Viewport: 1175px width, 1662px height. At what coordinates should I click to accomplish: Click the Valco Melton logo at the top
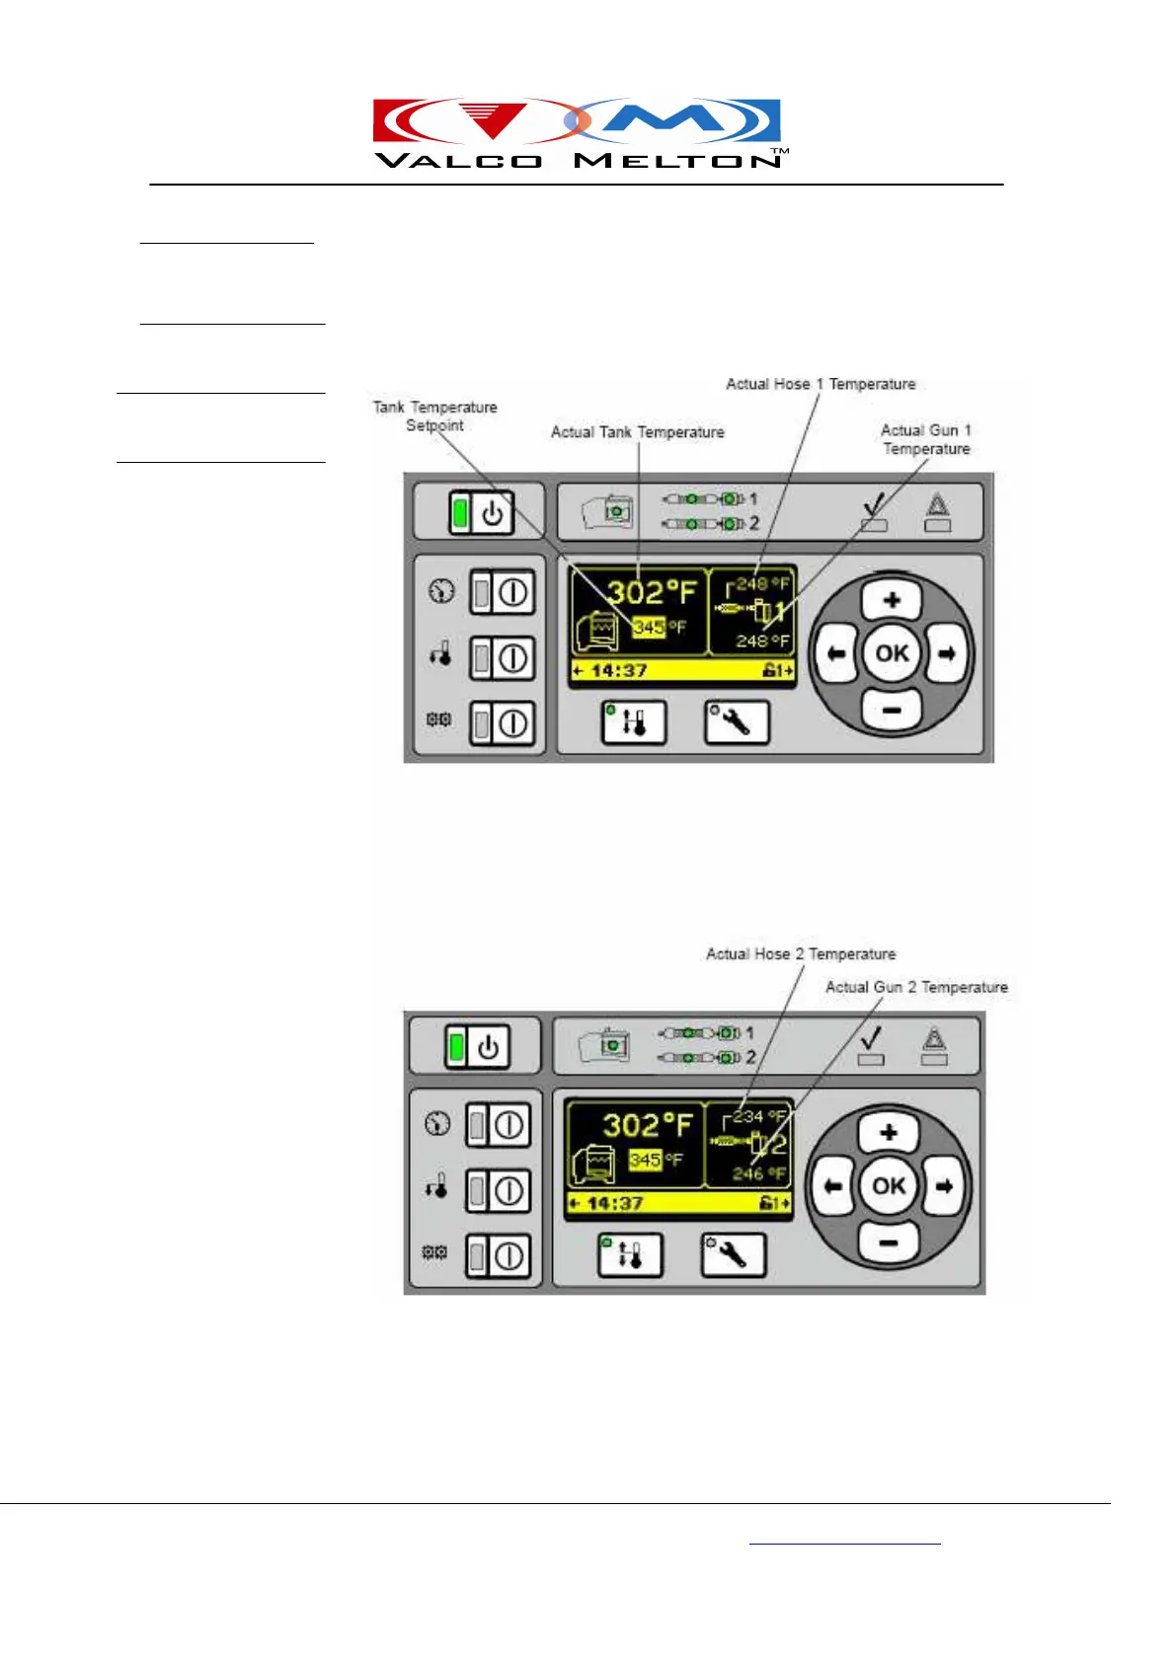pyautogui.click(x=580, y=133)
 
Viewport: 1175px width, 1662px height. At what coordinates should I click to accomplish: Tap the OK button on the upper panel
pyautogui.click(x=892, y=653)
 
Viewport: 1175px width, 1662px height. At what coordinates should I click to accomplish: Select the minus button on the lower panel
pyautogui.click(x=888, y=1242)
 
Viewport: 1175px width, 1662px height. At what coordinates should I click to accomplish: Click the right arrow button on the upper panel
pyautogui.click(x=947, y=653)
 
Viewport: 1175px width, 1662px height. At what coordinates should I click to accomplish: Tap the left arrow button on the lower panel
pyautogui.click(x=833, y=1185)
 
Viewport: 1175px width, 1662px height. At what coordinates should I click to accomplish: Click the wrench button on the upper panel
pyautogui.click(x=736, y=722)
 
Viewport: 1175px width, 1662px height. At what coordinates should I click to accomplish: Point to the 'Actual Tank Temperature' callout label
pyautogui.click(x=637, y=432)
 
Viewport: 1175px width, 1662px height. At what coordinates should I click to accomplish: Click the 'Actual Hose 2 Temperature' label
pyautogui.click(x=800, y=954)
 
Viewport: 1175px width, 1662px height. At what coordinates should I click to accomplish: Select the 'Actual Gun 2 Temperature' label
pyautogui.click(x=916, y=987)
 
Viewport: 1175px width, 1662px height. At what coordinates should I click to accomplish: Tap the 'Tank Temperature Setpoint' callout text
pyautogui.click(x=434, y=415)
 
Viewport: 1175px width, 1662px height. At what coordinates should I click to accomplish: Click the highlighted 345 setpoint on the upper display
pyautogui.click(x=649, y=627)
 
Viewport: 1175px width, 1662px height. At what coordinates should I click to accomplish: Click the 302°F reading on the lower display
pyautogui.click(x=647, y=1125)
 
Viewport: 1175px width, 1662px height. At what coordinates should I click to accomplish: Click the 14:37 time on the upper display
pyautogui.click(x=619, y=671)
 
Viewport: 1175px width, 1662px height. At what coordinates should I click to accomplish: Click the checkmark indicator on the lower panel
pyautogui.click(x=871, y=1040)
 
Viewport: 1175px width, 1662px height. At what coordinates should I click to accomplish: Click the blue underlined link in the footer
pyautogui.click(x=844, y=1541)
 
